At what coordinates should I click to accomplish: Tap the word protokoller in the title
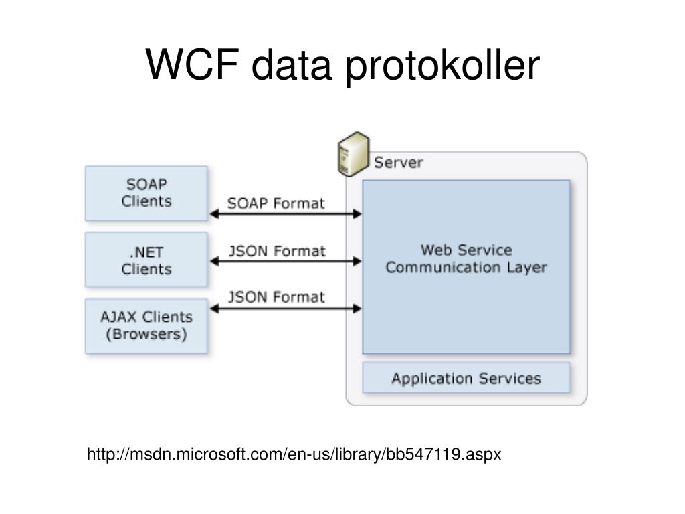(442, 66)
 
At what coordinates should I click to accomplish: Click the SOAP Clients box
(146, 193)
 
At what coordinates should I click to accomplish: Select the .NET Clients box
(146, 260)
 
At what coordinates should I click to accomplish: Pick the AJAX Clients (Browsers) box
(146, 326)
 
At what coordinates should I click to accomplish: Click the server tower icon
(353, 155)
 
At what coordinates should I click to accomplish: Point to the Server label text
(399, 163)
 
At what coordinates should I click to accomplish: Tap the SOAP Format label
(276, 203)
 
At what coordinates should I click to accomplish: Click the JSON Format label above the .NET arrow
(278, 251)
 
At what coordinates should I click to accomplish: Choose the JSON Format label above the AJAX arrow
(276, 297)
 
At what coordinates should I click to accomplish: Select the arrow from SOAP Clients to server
(286, 213)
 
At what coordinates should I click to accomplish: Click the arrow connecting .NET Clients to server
(286, 262)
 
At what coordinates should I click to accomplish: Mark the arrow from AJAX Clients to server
(286, 309)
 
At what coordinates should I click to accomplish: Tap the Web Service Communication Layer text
(466, 259)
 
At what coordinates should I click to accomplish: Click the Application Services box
(466, 377)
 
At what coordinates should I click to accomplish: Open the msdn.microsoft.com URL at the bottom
(294, 454)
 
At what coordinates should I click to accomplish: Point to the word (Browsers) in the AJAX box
(146, 335)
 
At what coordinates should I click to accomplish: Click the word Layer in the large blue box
(527, 268)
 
